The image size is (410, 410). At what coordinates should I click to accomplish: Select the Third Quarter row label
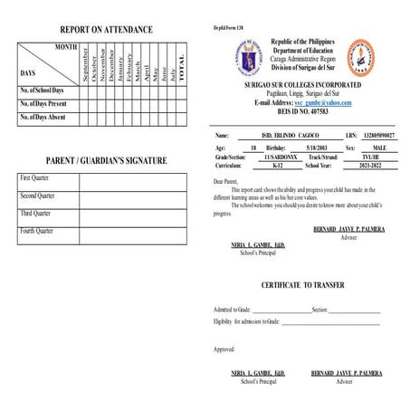37,213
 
